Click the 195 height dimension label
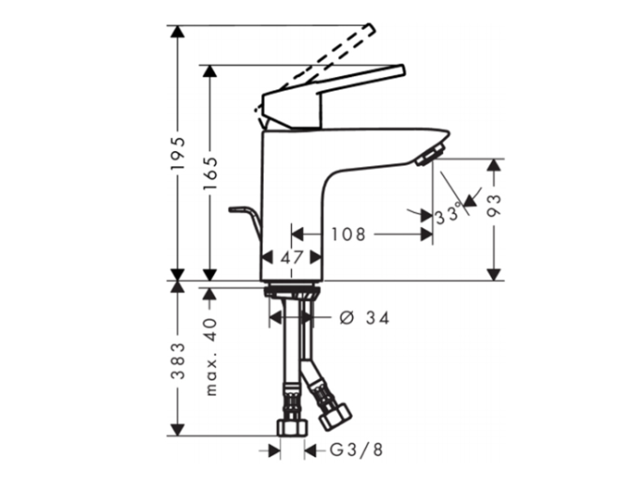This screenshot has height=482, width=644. tap(179, 153)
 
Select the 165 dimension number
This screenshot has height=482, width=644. tap(210, 172)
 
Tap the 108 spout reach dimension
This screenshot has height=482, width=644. tap(349, 235)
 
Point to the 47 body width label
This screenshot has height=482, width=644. tap(292, 257)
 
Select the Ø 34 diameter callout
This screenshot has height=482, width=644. tap(364, 317)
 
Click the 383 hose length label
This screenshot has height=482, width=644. tap(179, 360)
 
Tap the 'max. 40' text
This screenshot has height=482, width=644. tap(210, 357)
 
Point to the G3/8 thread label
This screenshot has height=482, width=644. tap(356, 450)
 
